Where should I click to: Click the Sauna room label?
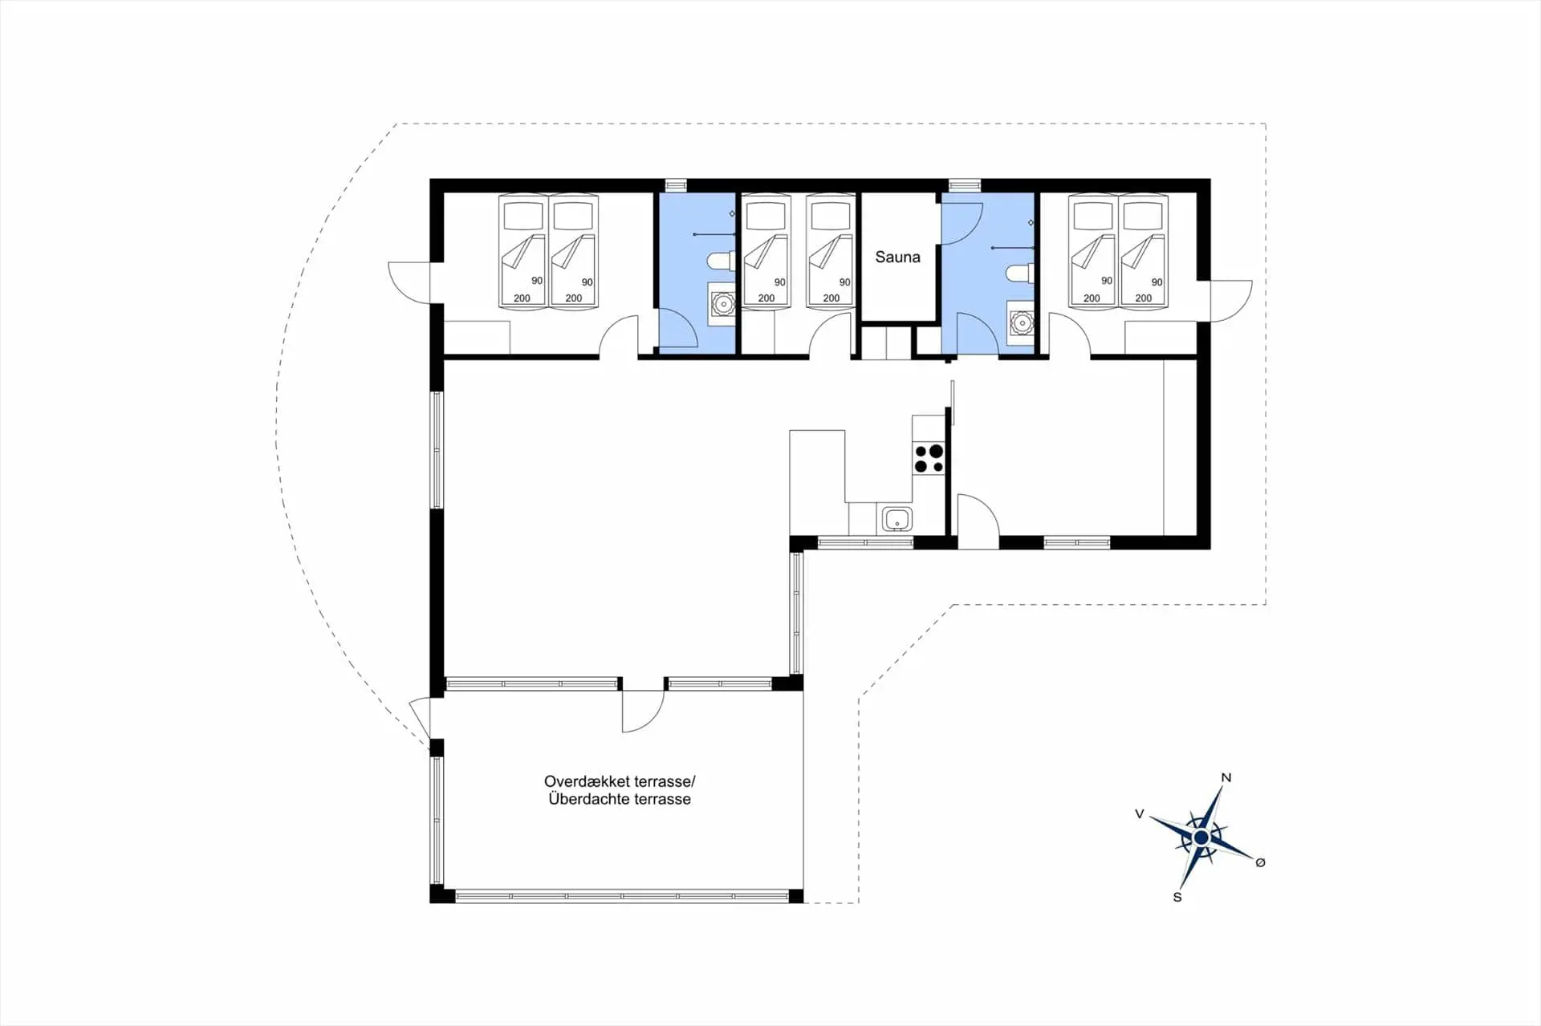[x=897, y=258]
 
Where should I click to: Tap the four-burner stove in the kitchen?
[x=929, y=459]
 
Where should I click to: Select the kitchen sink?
[x=897, y=519]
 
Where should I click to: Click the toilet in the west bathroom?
[x=721, y=260]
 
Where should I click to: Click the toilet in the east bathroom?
[x=1019, y=274]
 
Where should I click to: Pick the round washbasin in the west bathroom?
[x=723, y=304]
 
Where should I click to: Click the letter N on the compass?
[x=1226, y=777]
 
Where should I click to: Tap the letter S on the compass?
[x=1177, y=897]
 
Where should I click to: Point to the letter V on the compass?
[x=1139, y=814]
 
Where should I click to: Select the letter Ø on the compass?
[x=1260, y=862]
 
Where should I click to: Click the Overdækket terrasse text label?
[x=620, y=781]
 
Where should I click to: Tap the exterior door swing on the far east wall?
[x=1231, y=301]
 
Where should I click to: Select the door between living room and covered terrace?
[x=643, y=711]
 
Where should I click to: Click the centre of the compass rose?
[x=1201, y=837]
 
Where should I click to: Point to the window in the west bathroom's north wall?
[x=676, y=186]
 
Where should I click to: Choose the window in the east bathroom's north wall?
[x=960, y=186]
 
